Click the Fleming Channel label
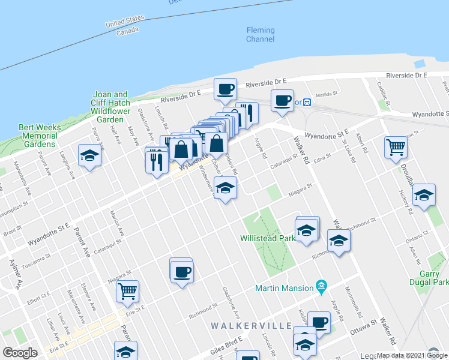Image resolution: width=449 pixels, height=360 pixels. point(261,35)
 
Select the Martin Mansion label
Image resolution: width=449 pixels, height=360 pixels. point(285,287)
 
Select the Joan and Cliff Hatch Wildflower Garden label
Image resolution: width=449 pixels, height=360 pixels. point(110,107)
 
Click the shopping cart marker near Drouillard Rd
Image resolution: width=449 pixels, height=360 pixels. point(396,147)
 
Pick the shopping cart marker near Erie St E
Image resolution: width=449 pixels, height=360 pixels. point(127,292)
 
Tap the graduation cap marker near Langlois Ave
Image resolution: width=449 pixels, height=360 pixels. point(90,156)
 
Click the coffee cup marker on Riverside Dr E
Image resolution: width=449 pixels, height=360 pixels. point(226,89)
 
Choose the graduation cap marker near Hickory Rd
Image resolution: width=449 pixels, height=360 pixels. point(424,195)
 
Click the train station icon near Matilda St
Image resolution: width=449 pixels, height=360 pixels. point(307,102)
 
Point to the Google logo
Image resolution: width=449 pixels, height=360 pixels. point(20,352)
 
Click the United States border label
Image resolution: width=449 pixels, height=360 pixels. point(124,22)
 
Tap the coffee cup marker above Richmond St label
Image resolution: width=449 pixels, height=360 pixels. point(181,272)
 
